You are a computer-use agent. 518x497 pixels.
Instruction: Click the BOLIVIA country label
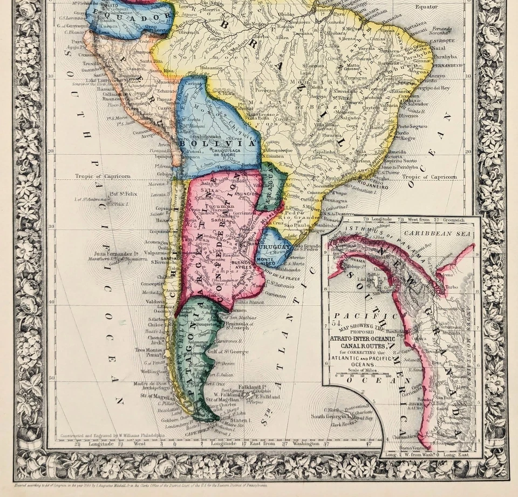pyautogui.click(x=218, y=144)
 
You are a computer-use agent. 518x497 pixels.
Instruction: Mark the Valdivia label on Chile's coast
pyautogui.click(x=156, y=301)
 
